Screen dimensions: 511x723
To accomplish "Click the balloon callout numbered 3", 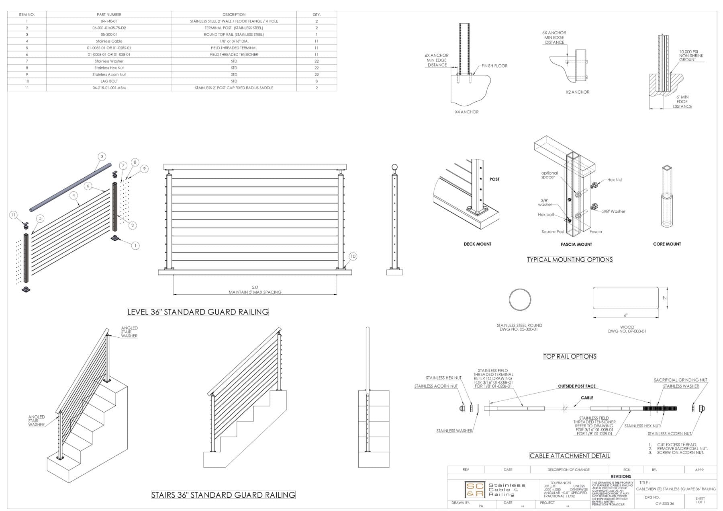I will [102, 156].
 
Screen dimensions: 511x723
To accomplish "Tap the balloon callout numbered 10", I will [352, 256].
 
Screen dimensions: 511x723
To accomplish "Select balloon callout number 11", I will [13, 215].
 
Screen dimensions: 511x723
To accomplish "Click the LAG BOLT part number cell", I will [109, 81].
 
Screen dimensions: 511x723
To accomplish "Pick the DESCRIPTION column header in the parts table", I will [234, 14].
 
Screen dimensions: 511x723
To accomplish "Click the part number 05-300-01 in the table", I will [109, 35].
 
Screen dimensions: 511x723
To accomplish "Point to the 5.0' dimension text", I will [255, 287].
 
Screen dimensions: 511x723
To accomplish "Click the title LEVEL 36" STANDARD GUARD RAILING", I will [198, 312].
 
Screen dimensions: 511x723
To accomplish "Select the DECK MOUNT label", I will [477, 244].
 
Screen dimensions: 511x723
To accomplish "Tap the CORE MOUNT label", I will [667, 244].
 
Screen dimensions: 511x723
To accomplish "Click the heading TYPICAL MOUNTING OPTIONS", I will [570, 260].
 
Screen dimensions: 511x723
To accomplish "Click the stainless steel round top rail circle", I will [520, 300].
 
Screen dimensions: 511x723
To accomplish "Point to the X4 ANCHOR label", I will [466, 112].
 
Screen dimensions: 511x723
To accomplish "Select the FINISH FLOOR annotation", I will [494, 66].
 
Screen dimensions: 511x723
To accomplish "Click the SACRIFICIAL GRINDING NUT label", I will [680, 380].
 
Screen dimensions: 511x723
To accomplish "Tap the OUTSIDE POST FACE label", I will [576, 386].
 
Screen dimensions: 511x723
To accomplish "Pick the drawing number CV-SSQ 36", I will [664, 503].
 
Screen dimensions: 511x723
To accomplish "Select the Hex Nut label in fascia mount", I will [615, 180].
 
